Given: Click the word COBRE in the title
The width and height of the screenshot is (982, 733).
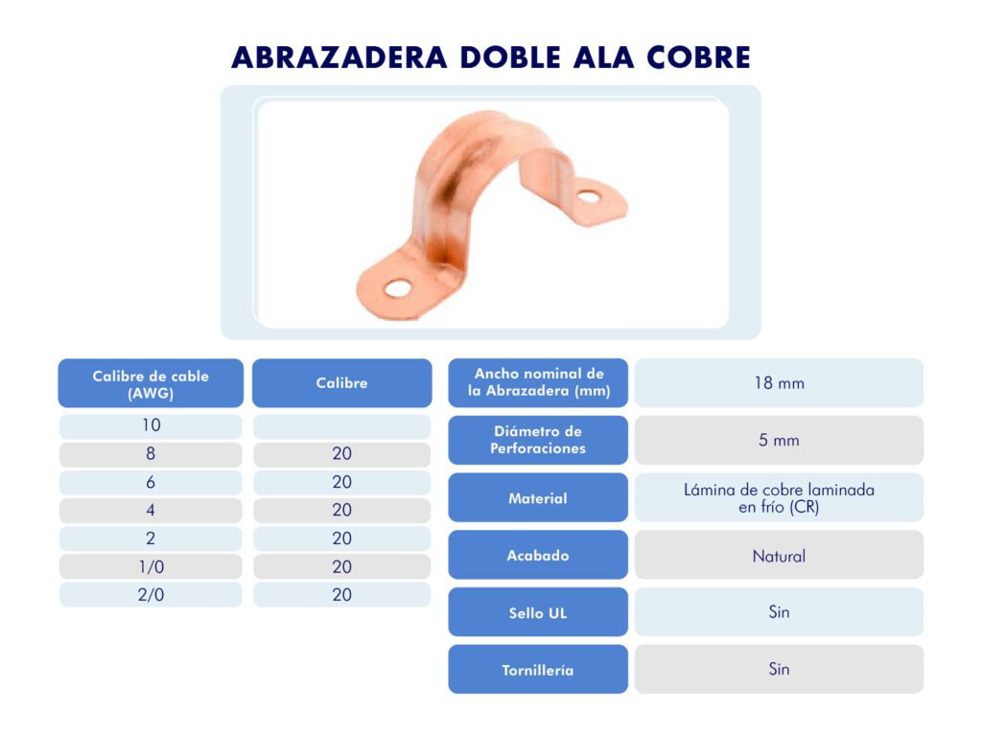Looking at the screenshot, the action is (698, 57).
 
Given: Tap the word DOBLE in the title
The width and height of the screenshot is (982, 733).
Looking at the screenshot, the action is (510, 57).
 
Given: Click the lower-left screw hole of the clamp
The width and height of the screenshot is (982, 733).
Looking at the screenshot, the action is (398, 288).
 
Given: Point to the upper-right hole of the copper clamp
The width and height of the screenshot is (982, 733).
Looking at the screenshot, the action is (589, 197).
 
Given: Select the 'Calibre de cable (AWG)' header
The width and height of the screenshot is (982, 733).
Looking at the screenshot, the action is (151, 383).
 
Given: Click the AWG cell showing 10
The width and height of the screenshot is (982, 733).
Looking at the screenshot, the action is (151, 425).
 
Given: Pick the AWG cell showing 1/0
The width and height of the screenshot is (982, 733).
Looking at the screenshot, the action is (151, 566).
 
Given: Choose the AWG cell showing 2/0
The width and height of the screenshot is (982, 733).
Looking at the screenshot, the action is (151, 595).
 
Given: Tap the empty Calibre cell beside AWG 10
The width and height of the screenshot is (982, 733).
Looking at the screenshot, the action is (342, 425).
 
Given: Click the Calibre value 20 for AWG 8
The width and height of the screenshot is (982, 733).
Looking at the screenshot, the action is (342, 454).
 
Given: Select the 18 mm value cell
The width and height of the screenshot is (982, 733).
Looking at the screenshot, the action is (779, 383).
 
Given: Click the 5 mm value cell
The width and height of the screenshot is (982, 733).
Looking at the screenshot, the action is (779, 440).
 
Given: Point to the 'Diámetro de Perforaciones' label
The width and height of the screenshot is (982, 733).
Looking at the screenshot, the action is (538, 440).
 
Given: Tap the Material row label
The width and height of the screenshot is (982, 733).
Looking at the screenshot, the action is (538, 497).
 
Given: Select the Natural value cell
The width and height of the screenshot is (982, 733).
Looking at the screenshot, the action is (779, 555).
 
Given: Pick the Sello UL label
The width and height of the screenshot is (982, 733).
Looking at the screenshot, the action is (538, 612).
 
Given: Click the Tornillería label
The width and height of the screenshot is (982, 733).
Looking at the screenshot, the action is (538, 669).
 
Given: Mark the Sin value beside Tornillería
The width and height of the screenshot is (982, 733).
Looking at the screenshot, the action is (779, 669).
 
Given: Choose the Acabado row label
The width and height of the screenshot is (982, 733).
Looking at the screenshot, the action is (538, 555).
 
